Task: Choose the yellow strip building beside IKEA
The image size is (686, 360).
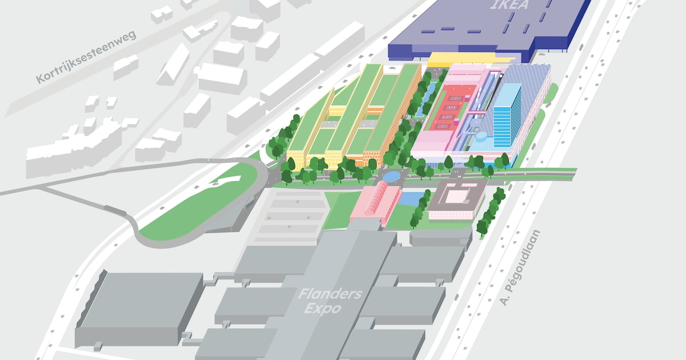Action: point(469,58)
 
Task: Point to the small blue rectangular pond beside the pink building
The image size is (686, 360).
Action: point(410,198)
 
